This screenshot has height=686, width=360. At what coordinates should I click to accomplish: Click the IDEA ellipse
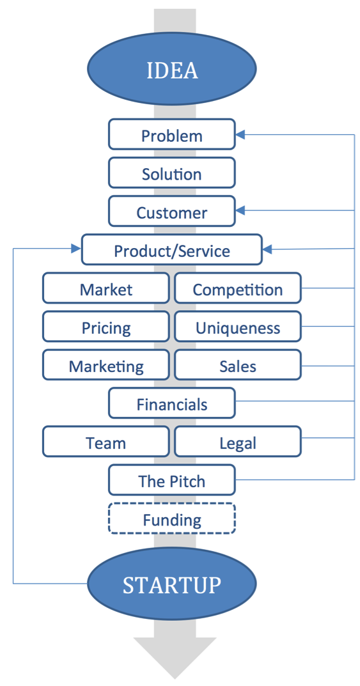pos(172,69)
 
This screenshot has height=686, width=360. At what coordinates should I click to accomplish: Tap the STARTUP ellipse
pos(172,584)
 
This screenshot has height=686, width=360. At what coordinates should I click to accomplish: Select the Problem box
pos(172,134)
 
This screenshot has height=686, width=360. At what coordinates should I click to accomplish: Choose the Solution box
pos(172,173)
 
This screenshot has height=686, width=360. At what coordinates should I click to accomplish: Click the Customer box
pos(172,212)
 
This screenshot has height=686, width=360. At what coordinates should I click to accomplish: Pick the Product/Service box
pos(172,250)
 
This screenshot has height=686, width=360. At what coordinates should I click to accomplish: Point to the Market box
pos(106,288)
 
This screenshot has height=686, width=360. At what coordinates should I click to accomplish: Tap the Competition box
pos(238,288)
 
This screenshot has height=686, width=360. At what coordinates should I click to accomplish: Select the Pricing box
pos(106,327)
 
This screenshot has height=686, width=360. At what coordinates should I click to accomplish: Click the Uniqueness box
pos(238,327)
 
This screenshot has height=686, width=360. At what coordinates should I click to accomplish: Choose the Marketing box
pos(106,365)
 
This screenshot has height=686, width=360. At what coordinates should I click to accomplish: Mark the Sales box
pos(238,365)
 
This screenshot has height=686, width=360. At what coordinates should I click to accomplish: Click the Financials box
pos(172,403)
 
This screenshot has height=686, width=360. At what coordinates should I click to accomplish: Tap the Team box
pos(106,441)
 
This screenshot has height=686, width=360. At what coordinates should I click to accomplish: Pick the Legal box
pos(238,441)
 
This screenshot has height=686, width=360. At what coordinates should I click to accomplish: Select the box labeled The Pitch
pos(172,480)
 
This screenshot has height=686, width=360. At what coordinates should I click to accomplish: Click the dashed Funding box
pos(172,518)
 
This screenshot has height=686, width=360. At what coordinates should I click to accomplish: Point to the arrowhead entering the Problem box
pos(240,134)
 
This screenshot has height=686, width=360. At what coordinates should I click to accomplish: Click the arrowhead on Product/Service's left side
pos(76,249)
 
